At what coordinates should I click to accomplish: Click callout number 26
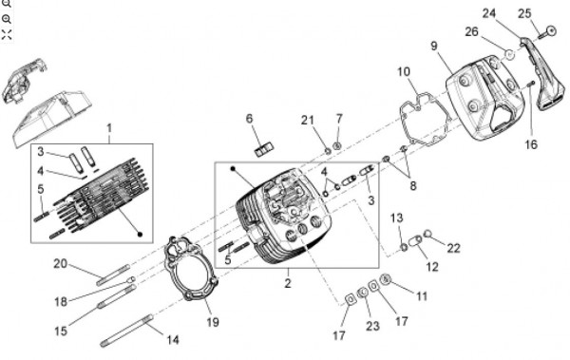471,32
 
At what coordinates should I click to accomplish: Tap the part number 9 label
434,47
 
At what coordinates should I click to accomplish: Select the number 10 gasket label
404,71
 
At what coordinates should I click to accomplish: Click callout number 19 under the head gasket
213,322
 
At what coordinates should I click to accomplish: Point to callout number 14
173,340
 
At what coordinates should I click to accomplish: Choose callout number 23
372,326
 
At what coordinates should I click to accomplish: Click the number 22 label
454,248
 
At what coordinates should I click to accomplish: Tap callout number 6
249,119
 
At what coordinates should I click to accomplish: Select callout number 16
531,144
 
